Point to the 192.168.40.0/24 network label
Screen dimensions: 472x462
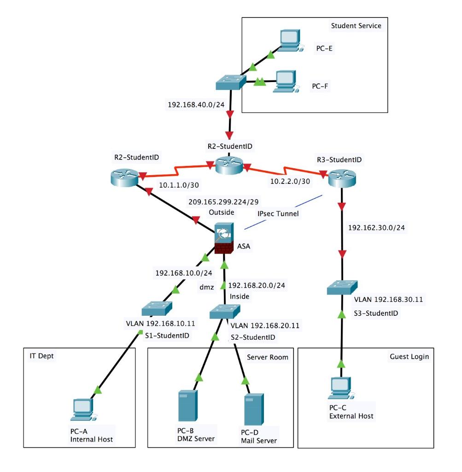pos(196,104)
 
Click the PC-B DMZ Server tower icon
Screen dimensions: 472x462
pos(187,407)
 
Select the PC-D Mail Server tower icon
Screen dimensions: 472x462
pos(254,410)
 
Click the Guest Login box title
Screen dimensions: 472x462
pos(409,356)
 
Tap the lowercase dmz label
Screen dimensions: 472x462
pos(206,286)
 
